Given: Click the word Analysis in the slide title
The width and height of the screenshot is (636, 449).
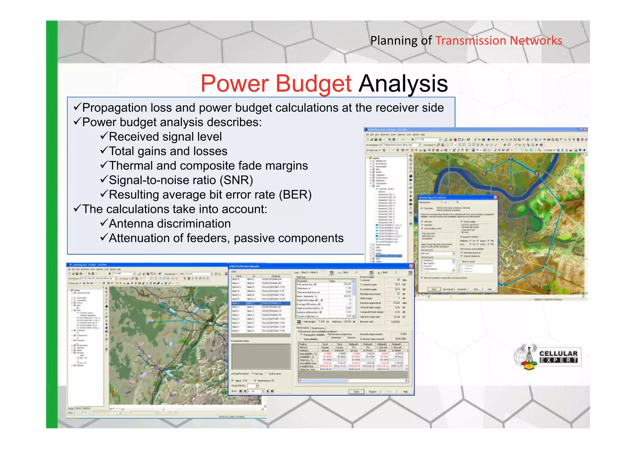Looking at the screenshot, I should click(x=403, y=84).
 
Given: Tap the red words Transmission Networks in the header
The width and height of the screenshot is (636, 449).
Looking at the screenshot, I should click(x=498, y=41).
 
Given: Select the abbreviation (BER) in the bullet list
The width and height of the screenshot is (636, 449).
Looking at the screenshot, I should click(x=295, y=195).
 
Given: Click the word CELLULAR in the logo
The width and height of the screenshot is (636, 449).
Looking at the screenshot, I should click(x=558, y=353).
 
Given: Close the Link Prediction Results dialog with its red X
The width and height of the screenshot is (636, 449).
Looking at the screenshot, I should click(x=411, y=266).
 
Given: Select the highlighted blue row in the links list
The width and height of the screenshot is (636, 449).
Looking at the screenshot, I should click(x=261, y=303).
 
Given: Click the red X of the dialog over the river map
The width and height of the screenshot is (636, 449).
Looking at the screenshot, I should click(x=495, y=197).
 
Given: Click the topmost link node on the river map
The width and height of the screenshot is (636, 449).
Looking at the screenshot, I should click(x=510, y=158).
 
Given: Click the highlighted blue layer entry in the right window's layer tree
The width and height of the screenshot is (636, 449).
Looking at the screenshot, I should click(x=389, y=256).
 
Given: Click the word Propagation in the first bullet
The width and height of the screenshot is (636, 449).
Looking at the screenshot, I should click(x=114, y=108).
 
